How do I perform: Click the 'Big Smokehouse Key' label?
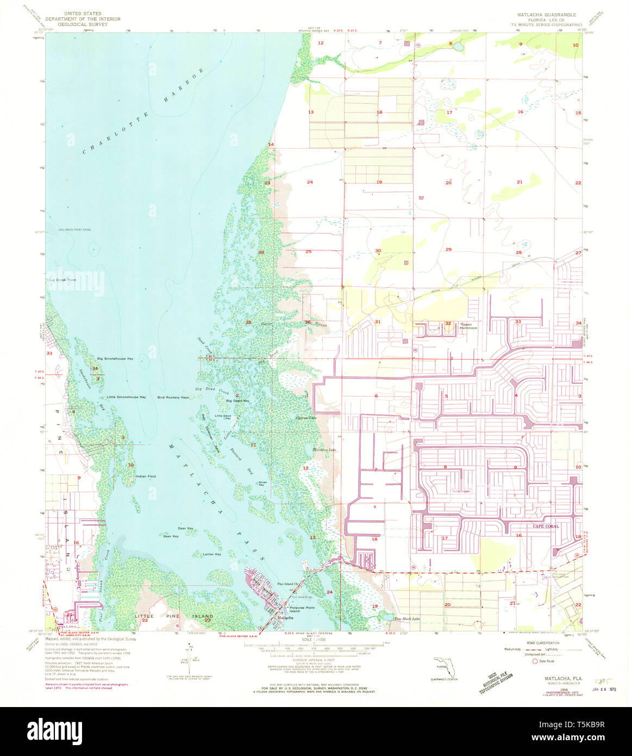(x=115, y=359)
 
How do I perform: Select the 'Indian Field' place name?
(x=146, y=476)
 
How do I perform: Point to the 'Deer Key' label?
(x=185, y=529)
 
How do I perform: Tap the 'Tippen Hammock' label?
(x=468, y=326)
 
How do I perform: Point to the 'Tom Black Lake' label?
(x=407, y=619)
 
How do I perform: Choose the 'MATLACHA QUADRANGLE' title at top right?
(x=545, y=15)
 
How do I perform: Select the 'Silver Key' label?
(x=263, y=484)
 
